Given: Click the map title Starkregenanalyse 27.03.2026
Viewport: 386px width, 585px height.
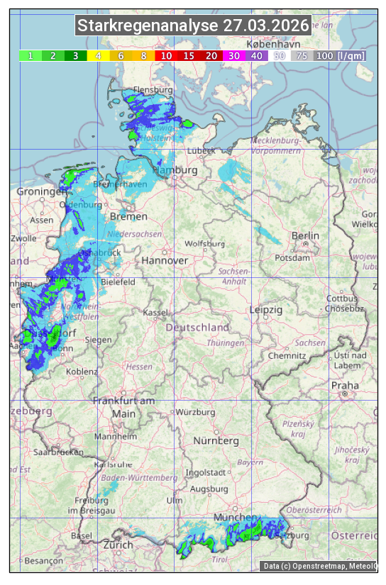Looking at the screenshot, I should tap(193, 26).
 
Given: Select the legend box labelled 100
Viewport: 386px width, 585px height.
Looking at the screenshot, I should tap(324, 55).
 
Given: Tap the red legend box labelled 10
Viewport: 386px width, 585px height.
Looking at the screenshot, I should tap(166, 55).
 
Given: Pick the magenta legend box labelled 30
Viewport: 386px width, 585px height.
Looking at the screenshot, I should tap(233, 55).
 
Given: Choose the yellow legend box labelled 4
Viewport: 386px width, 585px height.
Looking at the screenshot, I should tap(99, 55).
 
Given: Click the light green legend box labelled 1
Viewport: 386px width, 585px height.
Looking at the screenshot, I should tap(31, 55).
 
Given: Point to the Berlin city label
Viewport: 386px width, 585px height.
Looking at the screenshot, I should tap(305, 235).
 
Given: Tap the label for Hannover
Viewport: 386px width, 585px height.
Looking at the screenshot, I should tap(165, 260).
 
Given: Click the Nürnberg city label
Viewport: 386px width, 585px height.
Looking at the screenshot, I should tap(216, 440).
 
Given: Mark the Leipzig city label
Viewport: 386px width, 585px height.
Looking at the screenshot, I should tap(266, 310).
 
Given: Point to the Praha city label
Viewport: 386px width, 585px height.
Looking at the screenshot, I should tap(345, 386).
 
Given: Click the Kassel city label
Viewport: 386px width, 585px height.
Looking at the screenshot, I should tap(155, 313).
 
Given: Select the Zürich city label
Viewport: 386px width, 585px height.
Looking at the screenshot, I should tap(118, 545).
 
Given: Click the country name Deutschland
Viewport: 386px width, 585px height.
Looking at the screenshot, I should tap(197, 328).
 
